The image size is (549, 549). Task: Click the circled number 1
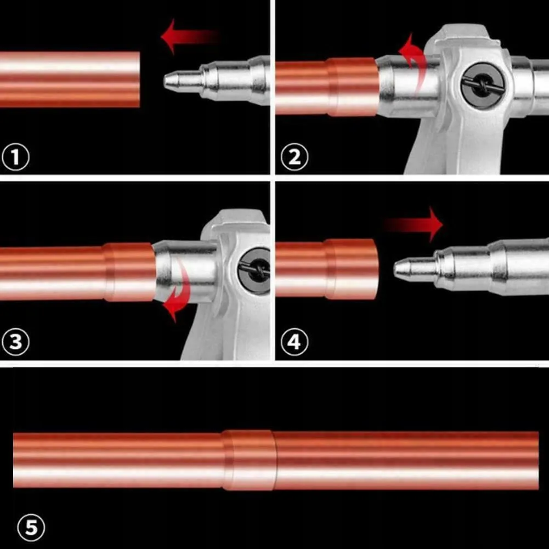pos(15,157)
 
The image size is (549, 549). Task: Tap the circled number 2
pos(295,157)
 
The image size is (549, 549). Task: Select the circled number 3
pos(15,342)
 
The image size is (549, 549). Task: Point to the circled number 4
pos(295,342)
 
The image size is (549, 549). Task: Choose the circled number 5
pos(31,528)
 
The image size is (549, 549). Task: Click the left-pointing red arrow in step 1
pos(189,36)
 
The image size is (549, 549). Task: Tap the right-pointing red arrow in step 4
pos(413,224)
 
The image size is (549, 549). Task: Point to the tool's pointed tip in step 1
pos(165,81)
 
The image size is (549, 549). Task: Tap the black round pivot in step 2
pos(483,85)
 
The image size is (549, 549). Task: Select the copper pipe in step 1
pos(70,80)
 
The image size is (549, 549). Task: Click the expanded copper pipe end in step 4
pos(352,269)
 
